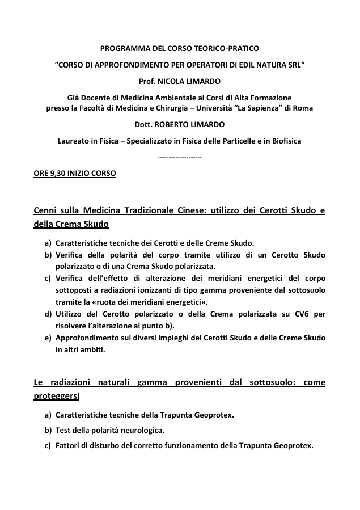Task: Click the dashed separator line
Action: point(179,155)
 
